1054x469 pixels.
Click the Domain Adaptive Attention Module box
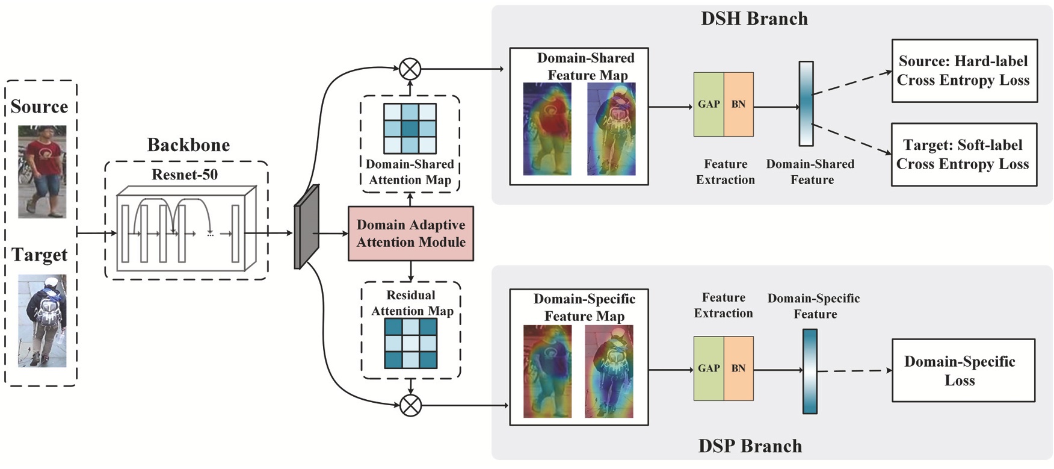(x=410, y=234)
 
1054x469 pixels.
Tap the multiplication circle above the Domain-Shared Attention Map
(x=410, y=69)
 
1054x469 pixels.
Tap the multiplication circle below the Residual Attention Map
(x=410, y=405)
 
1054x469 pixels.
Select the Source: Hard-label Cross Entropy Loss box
(x=964, y=71)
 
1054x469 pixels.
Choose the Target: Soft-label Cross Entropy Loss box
(x=964, y=155)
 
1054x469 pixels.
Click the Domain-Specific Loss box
(x=963, y=370)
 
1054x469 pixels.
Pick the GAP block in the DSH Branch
(x=709, y=104)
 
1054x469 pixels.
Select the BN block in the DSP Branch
(x=738, y=368)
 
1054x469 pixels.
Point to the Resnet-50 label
(x=185, y=175)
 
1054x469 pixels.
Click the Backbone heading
(x=188, y=145)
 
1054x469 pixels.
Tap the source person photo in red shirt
(x=42, y=172)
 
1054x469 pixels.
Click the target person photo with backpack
(x=42, y=321)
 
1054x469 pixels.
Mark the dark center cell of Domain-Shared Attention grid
(x=410, y=129)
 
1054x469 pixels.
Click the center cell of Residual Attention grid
(x=411, y=343)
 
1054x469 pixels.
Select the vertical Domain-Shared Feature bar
(x=806, y=104)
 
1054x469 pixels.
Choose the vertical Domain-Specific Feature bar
(x=810, y=371)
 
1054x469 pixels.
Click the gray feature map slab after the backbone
(x=306, y=227)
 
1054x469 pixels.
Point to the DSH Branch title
(x=754, y=19)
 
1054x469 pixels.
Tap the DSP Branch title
(x=750, y=446)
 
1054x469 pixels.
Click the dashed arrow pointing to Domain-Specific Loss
(x=854, y=371)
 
